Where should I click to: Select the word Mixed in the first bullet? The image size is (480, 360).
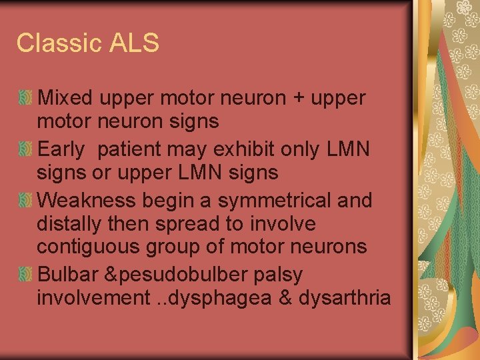[66, 98]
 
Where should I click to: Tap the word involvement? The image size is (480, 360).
[91, 297]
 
